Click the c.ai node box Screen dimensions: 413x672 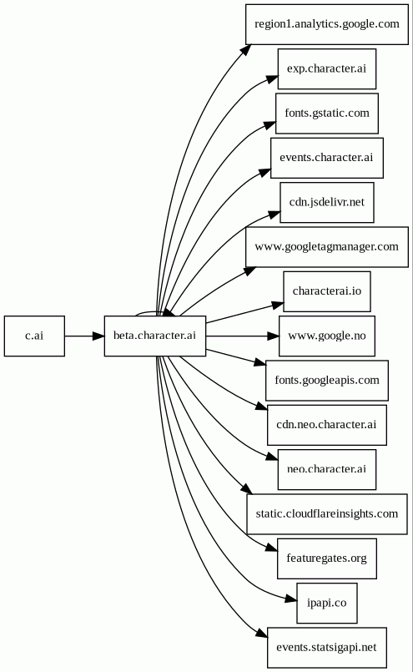(x=34, y=336)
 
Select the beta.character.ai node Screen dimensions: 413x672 (x=155, y=336)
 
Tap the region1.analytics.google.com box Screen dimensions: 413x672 (x=327, y=24)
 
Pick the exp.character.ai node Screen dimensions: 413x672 (x=327, y=69)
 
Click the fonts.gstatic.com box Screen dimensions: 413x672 (x=327, y=114)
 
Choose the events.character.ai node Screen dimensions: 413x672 (x=327, y=158)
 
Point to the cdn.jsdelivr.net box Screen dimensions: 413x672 (x=327, y=203)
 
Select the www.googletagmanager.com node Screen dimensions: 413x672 (x=327, y=247)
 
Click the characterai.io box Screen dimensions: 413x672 (x=327, y=291)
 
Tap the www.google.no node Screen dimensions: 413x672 (x=327, y=336)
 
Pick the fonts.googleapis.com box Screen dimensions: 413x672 (x=327, y=381)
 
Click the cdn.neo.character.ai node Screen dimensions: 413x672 (x=327, y=425)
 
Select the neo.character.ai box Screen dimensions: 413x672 (x=327, y=470)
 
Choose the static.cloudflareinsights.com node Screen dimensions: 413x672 (x=327, y=514)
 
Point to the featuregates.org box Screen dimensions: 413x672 (x=327, y=558)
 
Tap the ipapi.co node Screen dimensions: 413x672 (x=327, y=604)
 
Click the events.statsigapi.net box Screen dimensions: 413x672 (x=327, y=648)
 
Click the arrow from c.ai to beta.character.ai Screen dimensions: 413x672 (x=84, y=336)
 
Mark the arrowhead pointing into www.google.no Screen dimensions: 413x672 (x=273, y=336)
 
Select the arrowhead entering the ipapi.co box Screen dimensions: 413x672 (x=291, y=599)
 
